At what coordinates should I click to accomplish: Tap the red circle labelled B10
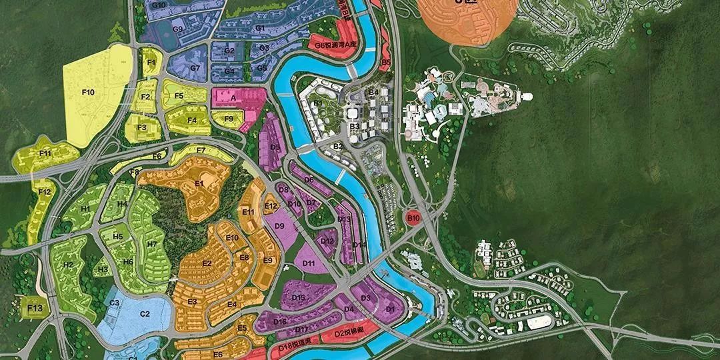pyautogui.click(x=413, y=217)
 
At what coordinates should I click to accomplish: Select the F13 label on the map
pyautogui.click(x=35, y=308)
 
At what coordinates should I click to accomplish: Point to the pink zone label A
pyautogui.click(x=233, y=97)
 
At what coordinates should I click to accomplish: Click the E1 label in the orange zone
pyautogui.click(x=199, y=183)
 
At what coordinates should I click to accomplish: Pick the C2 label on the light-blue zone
pyautogui.click(x=145, y=313)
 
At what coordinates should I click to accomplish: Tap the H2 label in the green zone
pyautogui.click(x=68, y=265)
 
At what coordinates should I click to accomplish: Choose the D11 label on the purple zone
pyautogui.click(x=309, y=263)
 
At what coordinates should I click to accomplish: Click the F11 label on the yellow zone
pyautogui.click(x=45, y=153)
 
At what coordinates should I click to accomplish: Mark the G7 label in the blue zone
pyautogui.click(x=195, y=68)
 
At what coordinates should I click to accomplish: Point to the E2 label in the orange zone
pyautogui.click(x=207, y=263)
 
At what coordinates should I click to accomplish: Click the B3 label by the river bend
pyautogui.click(x=354, y=126)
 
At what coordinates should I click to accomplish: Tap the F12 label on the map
pyautogui.click(x=44, y=192)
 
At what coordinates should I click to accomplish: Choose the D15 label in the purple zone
pyautogui.click(x=299, y=297)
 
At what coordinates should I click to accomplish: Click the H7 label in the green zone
pyautogui.click(x=152, y=244)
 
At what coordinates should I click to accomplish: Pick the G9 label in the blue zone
pyautogui.click(x=177, y=29)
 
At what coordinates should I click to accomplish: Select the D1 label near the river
pyautogui.click(x=391, y=309)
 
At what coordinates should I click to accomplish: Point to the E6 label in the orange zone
pyautogui.click(x=218, y=354)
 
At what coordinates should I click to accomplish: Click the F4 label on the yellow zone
pyautogui.click(x=192, y=121)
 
